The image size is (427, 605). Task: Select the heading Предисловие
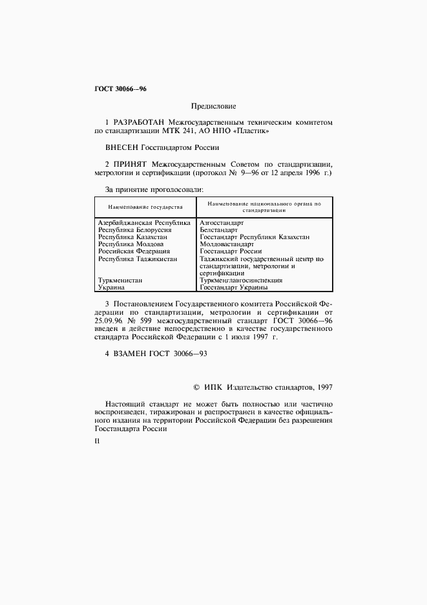click(213, 105)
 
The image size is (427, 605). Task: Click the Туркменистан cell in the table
click(120, 281)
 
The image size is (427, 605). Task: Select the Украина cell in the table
click(112, 288)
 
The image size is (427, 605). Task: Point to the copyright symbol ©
click(196, 387)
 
